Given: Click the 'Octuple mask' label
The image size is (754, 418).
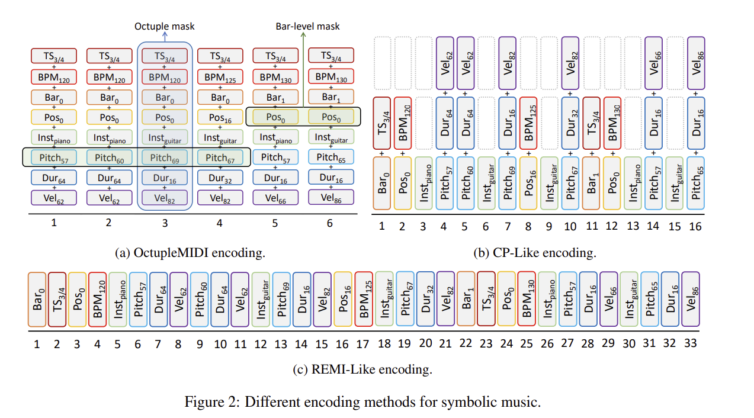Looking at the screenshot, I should (165, 26).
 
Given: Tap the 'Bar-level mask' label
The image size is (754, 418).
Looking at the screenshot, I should (308, 26).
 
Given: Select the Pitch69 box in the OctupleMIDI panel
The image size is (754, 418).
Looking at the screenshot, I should (165, 157).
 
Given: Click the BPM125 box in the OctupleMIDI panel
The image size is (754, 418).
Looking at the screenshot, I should (220, 77).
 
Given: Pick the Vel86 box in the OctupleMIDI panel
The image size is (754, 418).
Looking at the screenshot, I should (330, 198).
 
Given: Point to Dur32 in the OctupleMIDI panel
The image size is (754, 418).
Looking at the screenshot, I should (220, 178).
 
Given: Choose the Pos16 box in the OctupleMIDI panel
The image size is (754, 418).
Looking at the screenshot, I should (220, 117).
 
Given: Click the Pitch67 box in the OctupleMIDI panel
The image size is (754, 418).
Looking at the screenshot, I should (220, 157).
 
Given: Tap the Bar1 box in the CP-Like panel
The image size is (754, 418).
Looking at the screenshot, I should (592, 182).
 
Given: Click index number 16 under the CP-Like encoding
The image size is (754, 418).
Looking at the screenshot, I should (696, 226).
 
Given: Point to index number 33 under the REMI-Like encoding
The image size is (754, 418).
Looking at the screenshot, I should (691, 344).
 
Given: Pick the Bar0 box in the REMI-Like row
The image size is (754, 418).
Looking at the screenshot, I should (37, 299).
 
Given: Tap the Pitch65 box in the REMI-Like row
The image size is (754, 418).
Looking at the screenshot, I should (650, 299).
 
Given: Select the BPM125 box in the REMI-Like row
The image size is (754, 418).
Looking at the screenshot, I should (364, 299).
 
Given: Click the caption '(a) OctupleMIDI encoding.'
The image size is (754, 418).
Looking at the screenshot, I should (190, 253).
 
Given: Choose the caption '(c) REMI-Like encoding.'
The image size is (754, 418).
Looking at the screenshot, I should (362, 370).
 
